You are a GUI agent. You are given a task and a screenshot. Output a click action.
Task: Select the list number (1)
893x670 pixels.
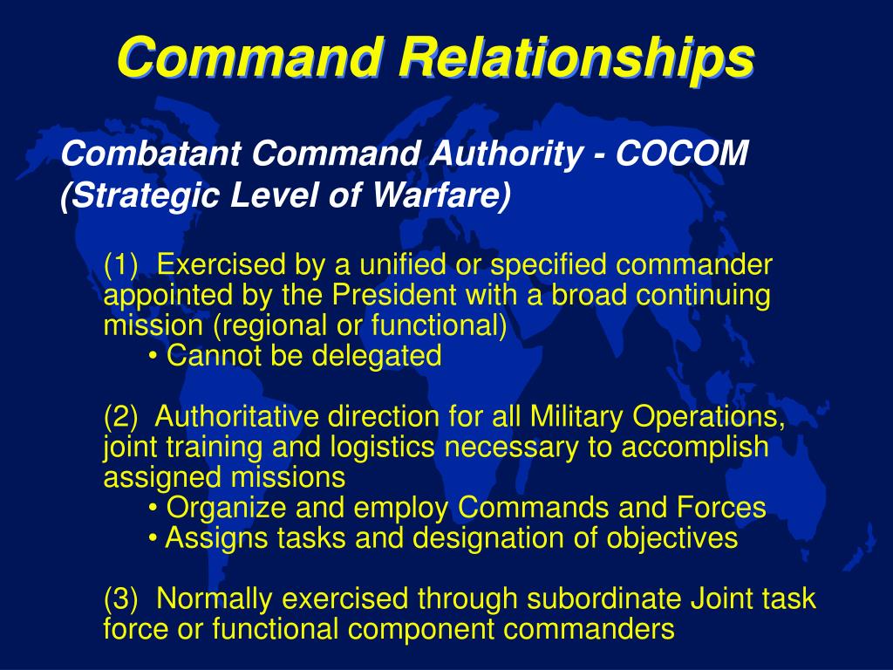point(122,263)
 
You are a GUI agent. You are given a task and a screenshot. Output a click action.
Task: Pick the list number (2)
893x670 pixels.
point(122,417)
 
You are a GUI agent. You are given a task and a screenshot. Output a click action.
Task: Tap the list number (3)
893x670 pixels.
point(122,598)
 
